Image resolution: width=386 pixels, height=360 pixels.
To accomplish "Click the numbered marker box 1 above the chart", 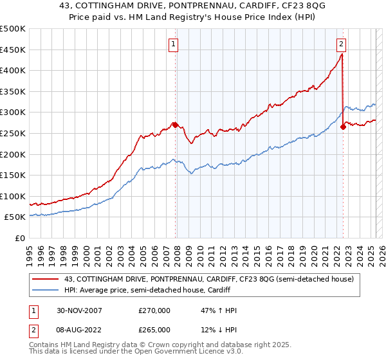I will (174, 44).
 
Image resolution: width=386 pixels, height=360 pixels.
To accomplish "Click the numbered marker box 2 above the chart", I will (341, 44).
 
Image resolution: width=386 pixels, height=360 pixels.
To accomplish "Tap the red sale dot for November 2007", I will (176, 125).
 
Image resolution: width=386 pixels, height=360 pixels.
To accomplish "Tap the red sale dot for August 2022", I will (343, 127).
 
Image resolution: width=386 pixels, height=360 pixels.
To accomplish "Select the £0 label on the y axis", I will (21, 238).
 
